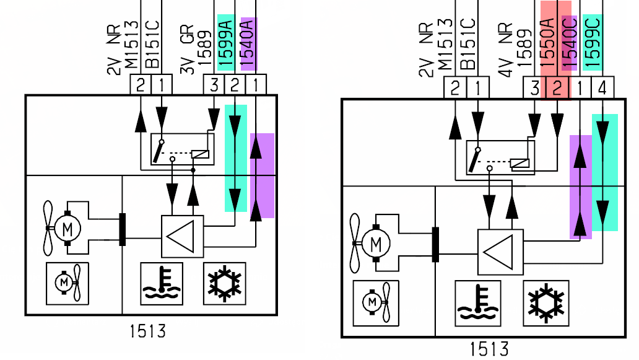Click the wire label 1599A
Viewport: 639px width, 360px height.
click(x=225, y=43)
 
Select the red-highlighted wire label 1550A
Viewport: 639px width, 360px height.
click(x=548, y=42)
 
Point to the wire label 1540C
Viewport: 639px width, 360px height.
click(x=569, y=43)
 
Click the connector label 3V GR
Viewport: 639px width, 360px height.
click(x=187, y=49)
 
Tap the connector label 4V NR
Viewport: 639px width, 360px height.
click(x=505, y=50)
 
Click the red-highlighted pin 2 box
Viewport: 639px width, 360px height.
click(x=557, y=88)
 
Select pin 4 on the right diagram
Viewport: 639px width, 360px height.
click(x=602, y=88)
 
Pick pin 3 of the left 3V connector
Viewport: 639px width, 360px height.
click(x=214, y=86)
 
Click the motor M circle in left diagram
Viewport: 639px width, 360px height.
click(x=67, y=229)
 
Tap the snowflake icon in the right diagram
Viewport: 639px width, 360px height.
click(x=546, y=303)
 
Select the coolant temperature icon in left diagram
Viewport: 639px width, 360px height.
click(x=162, y=284)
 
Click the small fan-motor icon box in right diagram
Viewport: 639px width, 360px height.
click(x=376, y=303)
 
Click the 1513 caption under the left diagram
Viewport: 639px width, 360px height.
click(x=148, y=331)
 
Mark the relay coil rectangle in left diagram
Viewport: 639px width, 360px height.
click(x=200, y=154)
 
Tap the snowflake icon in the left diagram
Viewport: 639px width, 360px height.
click(x=225, y=284)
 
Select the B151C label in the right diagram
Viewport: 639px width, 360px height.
click(x=469, y=44)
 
